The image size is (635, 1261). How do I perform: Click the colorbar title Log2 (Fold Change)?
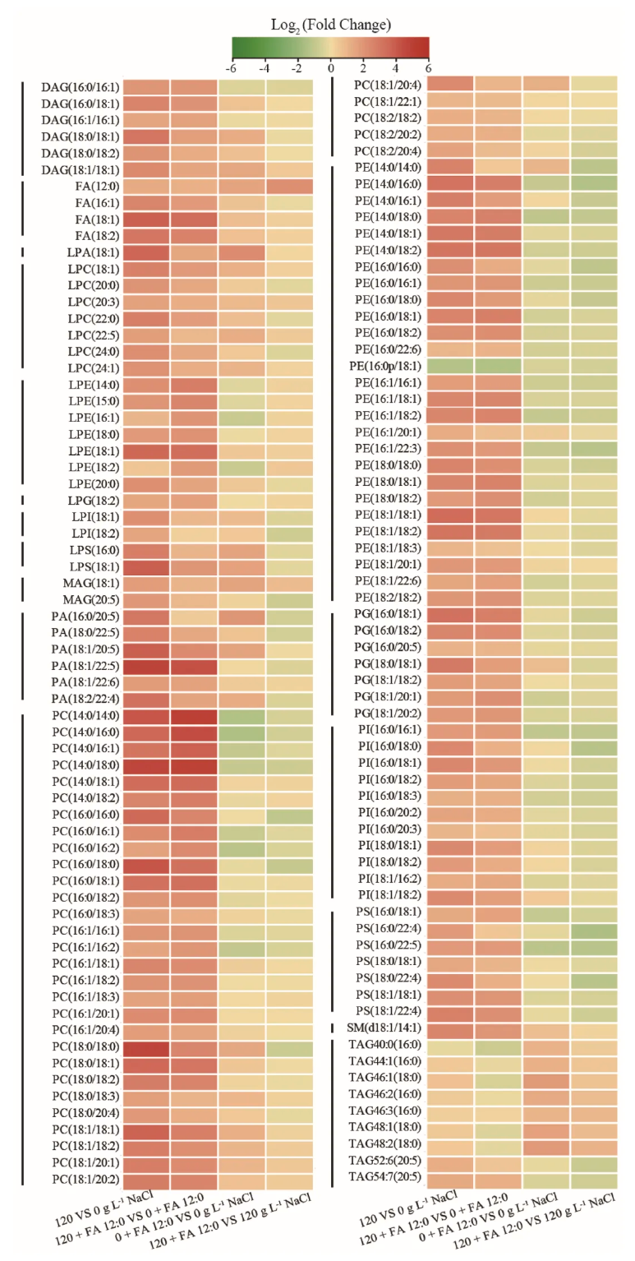pyautogui.click(x=331, y=24)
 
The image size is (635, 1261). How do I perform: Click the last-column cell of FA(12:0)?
pyautogui.click(x=289, y=187)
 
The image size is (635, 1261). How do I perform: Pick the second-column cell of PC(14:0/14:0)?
pyautogui.click(x=194, y=715)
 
